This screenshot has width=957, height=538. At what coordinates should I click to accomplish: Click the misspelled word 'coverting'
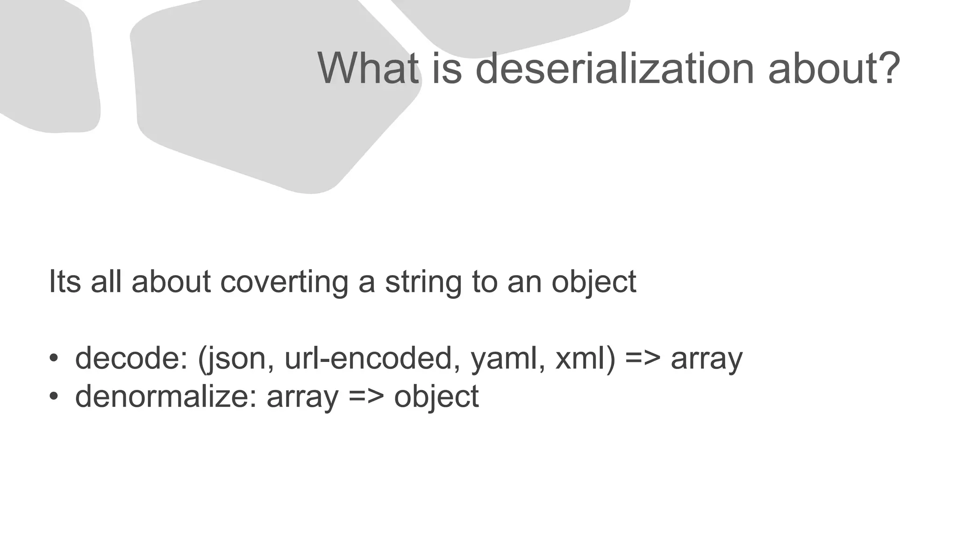pyautogui.click(x=284, y=282)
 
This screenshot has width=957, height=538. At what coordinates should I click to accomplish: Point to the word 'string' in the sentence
pyautogui.click(x=423, y=282)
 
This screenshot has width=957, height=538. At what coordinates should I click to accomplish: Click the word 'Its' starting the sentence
pyautogui.click(x=64, y=282)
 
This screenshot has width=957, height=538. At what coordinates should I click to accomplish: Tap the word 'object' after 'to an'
pyautogui.click(x=593, y=282)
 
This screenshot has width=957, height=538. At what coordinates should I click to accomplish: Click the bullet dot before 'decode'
pyautogui.click(x=54, y=359)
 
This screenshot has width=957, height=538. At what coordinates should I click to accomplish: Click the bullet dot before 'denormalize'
pyautogui.click(x=54, y=396)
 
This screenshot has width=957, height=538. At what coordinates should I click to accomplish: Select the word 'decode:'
pyautogui.click(x=131, y=359)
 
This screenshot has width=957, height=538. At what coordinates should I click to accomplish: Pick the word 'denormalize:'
pyautogui.click(x=166, y=396)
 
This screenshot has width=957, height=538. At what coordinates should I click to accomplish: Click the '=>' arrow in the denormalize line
pyautogui.click(x=366, y=396)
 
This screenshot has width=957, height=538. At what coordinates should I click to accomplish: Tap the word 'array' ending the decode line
pyautogui.click(x=706, y=359)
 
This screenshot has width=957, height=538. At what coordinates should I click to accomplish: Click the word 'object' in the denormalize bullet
pyautogui.click(x=436, y=396)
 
